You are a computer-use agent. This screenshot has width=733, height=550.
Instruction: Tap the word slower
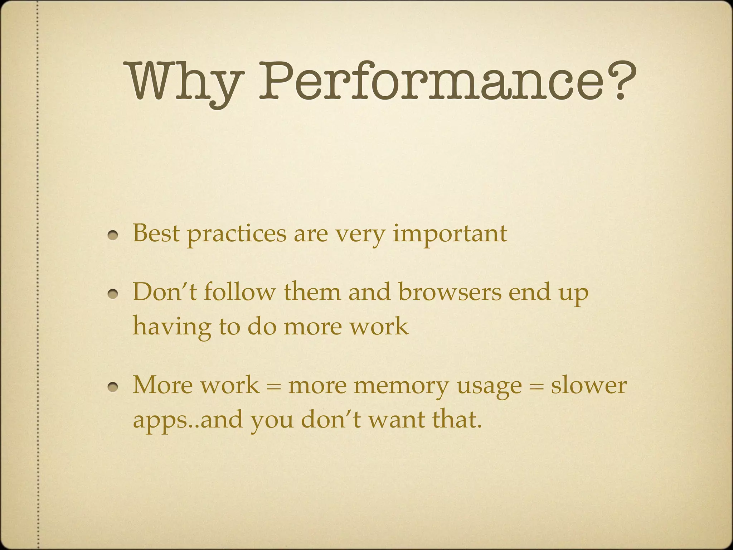[589, 385]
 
